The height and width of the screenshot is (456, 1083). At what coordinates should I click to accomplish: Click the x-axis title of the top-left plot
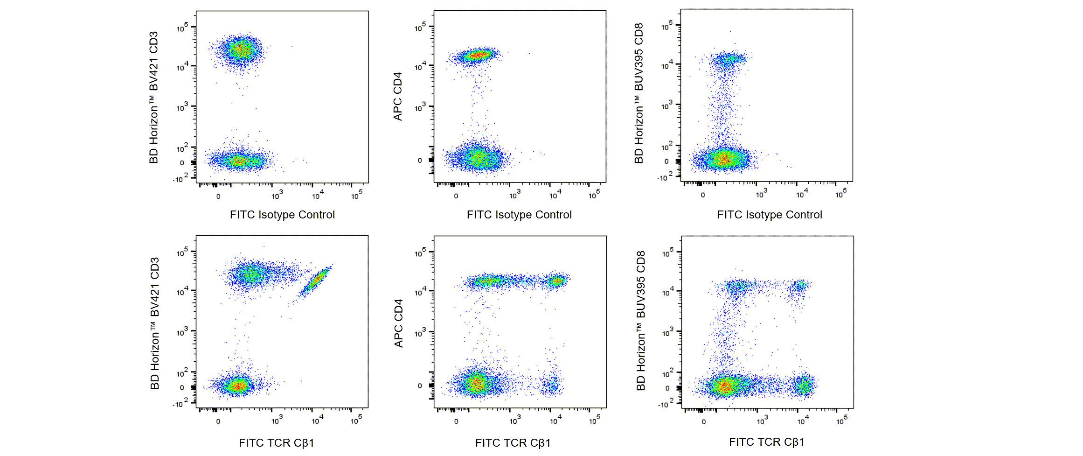coord(282,215)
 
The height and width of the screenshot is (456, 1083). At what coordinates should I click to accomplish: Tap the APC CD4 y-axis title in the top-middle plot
coord(397,97)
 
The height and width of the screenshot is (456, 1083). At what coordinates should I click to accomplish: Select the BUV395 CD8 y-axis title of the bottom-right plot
coord(641,321)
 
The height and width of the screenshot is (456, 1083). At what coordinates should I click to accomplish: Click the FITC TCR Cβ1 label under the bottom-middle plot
coord(513,442)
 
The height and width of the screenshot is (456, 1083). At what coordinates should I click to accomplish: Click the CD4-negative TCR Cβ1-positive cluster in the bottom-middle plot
coord(552,385)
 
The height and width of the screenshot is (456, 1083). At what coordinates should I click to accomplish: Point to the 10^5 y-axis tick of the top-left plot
coord(183,28)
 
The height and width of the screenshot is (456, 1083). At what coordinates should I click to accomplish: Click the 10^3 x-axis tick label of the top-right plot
coord(761,193)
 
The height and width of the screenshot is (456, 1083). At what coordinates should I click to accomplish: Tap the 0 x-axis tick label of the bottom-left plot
coord(218,421)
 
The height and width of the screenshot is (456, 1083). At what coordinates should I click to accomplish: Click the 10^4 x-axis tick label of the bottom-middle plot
coord(555,421)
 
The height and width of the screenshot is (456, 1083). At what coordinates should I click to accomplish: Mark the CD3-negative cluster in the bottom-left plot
coord(238,386)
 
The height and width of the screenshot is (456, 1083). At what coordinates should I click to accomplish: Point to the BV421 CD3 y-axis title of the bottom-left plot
coord(155,323)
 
